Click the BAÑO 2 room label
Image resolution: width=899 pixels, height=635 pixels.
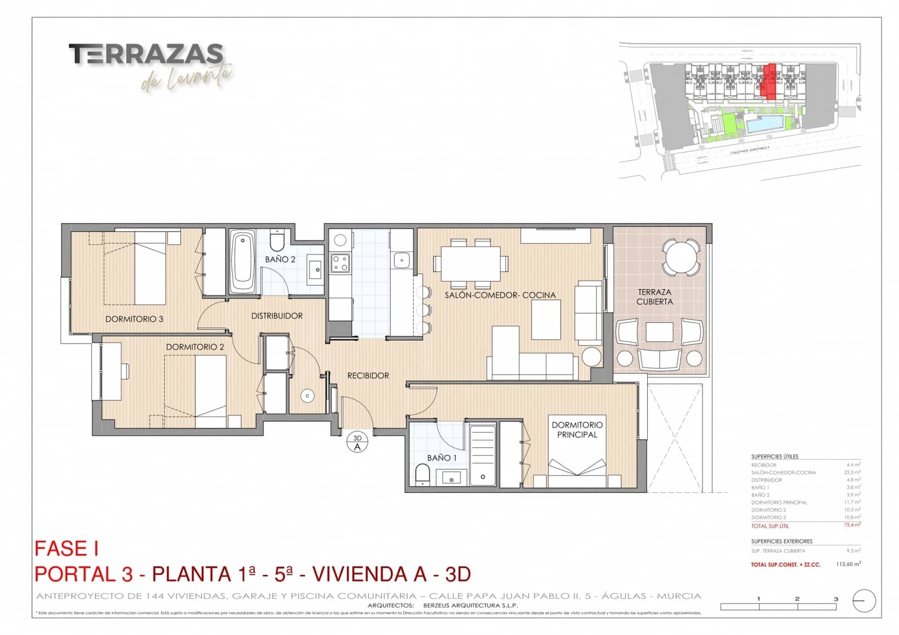coord(280,259)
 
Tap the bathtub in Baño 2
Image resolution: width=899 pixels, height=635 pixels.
coord(243,262)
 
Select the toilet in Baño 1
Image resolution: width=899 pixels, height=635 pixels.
coord(423,474)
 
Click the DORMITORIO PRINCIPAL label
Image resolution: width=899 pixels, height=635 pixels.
coord(577,430)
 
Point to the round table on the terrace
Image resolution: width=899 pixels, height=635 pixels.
coord(681,257)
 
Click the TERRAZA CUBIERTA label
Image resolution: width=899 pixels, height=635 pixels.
coord(655,296)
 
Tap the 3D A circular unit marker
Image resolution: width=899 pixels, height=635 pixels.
coord(357,442)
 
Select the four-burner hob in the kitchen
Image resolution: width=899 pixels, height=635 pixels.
coord(340,263)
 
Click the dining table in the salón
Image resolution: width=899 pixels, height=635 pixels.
coord(470,263)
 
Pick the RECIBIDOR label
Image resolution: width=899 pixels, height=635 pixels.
coord(368,376)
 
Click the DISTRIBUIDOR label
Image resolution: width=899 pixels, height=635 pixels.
coord(276,316)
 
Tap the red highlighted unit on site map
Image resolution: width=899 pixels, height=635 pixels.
coord(770,82)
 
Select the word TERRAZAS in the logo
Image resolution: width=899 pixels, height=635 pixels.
coord(146,54)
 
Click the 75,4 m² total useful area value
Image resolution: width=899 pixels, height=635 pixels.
coord(852,525)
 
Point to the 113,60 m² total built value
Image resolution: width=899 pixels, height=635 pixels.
coord(848,564)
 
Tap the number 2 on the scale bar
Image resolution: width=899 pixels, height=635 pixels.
coord(797,599)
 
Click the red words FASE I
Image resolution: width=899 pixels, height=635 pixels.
coord(67,549)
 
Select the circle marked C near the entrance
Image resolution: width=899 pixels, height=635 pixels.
coord(307,396)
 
